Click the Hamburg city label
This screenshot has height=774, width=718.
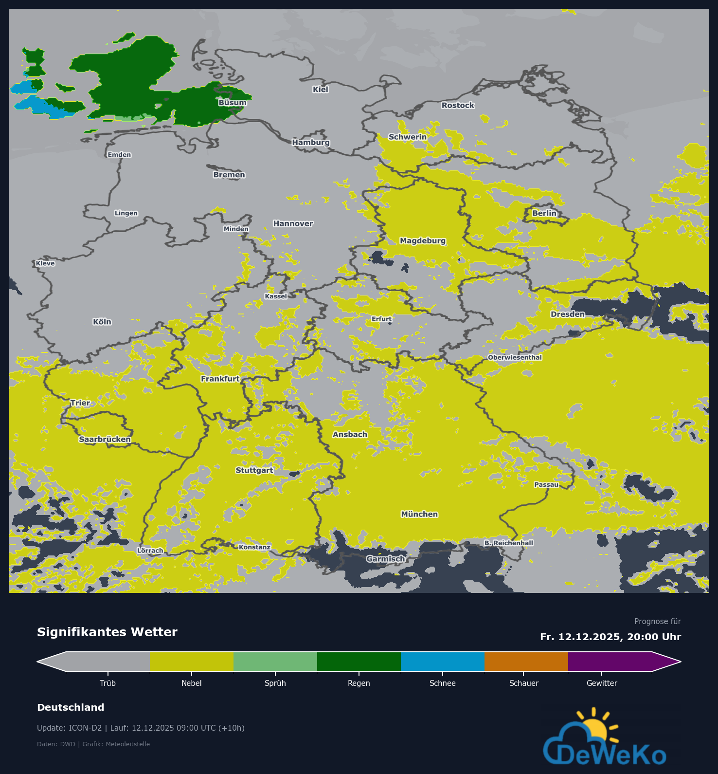pyautogui.click(x=311, y=142)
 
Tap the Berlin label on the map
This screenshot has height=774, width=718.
pyautogui.click(x=544, y=213)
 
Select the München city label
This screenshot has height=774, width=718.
pyautogui.click(x=419, y=514)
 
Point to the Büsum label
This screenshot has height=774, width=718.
pyautogui.click(x=232, y=103)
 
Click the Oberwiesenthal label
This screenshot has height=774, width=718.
pyautogui.click(x=515, y=357)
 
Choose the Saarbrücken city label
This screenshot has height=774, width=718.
pyautogui.click(x=105, y=439)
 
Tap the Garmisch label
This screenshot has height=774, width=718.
pyautogui.click(x=385, y=559)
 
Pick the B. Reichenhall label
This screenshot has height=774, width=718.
pyautogui.click(x=508, y=543)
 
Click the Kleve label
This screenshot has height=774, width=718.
pyautogui.click(x=45, y=263)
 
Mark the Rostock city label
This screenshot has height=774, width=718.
pyautogui.click(x=457, y=105)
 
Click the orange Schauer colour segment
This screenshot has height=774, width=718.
pyautogui.click(x=526, y=662)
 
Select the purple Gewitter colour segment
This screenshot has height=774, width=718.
pyautogui.click(x=610, y=662)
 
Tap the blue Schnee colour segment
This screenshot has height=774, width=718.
pyautogui.click(x=442, y=662)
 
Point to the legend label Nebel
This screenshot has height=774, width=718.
pyautogui.click(x=191, y=683)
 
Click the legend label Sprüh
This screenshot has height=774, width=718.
pyautogui.click(x=275, y=683)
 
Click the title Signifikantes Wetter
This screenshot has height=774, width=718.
pyautogui.click(x=107, y=632)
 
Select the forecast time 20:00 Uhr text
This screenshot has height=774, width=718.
pyautogui.click(x=654, y=637)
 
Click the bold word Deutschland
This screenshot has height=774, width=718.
pyautogui.click(x=71, y=707)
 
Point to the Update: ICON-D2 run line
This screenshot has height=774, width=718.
pyautogui.click(x=141, y=728)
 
